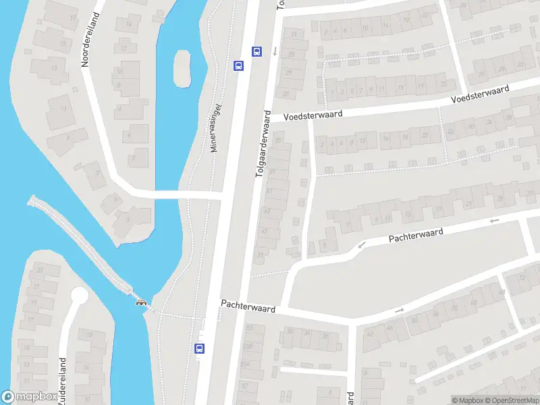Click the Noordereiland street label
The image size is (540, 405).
86,40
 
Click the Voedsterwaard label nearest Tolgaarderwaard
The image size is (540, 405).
313,115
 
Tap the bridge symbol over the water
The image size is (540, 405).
142,301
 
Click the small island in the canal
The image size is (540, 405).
182,67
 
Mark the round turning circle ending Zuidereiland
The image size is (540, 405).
80,296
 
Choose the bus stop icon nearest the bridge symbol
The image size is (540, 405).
199,348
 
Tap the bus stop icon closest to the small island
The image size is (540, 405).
238,65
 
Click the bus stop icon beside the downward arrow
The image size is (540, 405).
256,51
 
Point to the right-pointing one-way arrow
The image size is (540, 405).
399,310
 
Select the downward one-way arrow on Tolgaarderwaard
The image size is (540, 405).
275,51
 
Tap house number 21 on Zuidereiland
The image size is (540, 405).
36,286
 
